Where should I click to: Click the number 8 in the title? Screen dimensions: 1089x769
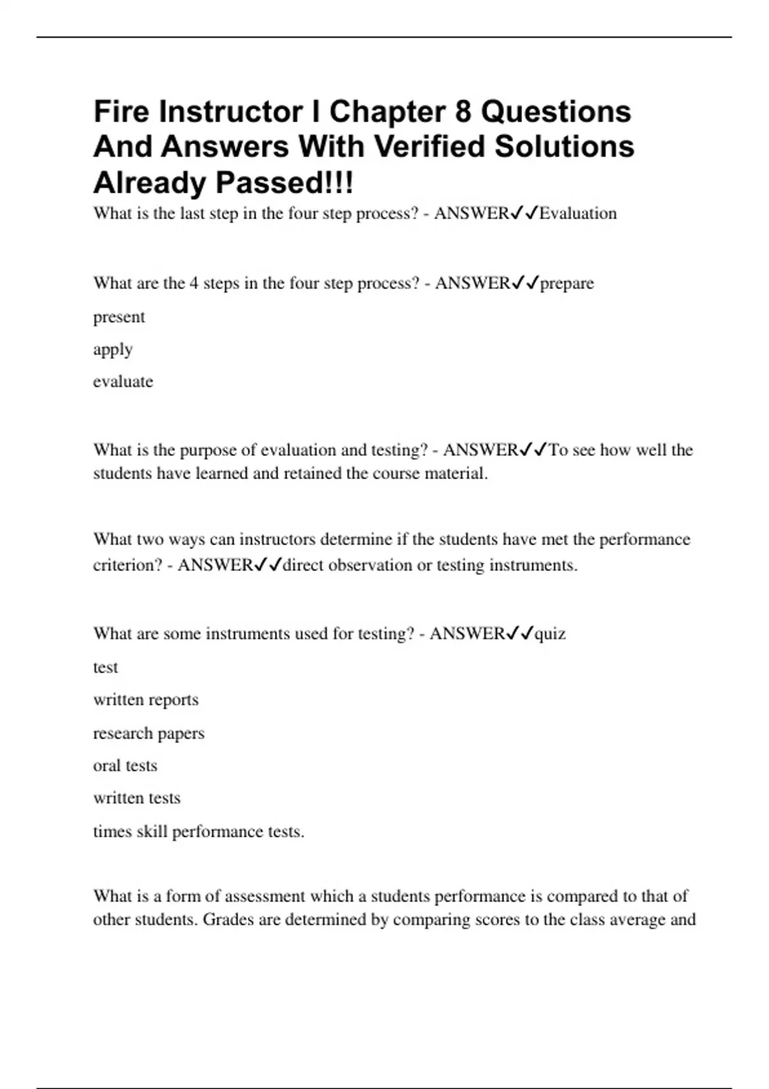(463, 112)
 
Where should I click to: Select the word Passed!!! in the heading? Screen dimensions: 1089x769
(284, 183)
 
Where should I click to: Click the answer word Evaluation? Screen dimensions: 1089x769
(578, 213)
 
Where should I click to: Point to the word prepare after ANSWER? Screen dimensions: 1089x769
(567, 283)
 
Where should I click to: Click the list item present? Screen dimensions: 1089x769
(119, 317)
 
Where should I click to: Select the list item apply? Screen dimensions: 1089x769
(113, 350)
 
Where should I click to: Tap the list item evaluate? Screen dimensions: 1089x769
(123, 382)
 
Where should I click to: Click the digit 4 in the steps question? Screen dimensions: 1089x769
(194, 283)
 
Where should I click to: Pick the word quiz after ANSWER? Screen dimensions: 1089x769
(550, 634)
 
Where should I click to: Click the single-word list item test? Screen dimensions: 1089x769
(106, 667)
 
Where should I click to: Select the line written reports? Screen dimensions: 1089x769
(146, 700)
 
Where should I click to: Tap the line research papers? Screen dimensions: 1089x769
(149, 733)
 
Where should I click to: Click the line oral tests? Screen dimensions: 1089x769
(125, 766)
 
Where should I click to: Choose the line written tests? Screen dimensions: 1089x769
(137, 798)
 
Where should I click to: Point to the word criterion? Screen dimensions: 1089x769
(128, 565)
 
